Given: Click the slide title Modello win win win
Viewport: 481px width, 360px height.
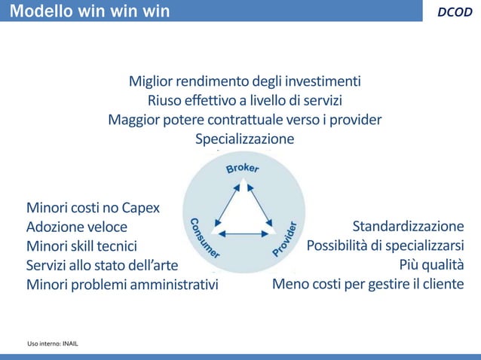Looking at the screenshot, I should tap(90, 11).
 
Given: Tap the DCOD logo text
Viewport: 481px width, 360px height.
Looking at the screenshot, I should tap(455, 11).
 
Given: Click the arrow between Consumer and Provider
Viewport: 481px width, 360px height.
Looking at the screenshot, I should tap(243, 235).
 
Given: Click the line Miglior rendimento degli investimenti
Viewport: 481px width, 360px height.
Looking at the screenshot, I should tap(245, 81).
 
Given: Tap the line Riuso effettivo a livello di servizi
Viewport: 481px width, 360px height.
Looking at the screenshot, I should tap(245, 100).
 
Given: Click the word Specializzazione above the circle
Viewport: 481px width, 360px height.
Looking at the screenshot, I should tap(245, 139).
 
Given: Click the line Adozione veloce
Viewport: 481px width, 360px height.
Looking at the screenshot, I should tap(77, 227).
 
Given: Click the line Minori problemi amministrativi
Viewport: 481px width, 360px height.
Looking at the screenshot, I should tap(121, 285).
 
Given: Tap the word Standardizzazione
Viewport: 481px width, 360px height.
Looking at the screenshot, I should tap(409, 227).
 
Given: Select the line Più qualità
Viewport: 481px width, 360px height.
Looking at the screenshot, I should tap(431, 265).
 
